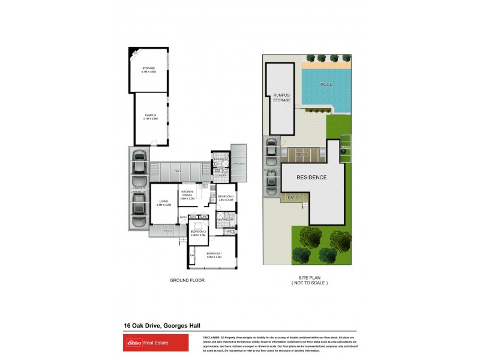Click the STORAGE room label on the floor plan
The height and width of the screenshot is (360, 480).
[x=149, y=70]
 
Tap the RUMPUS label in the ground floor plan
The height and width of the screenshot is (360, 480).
[x=150, y=116]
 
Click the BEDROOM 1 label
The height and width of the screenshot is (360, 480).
[x=214, y=254]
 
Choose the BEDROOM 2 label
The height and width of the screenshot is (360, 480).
[x=198, y=232]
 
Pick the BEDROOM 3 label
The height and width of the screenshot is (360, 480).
[x=226, y=198]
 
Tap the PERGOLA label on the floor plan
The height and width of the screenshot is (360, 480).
[x=238, y=163]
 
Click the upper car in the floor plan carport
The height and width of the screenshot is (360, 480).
[x=139, y=163]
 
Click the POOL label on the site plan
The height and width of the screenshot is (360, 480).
[x=326, y=85]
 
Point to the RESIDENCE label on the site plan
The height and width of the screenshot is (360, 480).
[x=311, y=177]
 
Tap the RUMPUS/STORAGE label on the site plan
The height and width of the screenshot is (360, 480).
[x=282, y=97]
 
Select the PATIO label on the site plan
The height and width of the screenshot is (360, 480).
[x=293, y=197]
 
